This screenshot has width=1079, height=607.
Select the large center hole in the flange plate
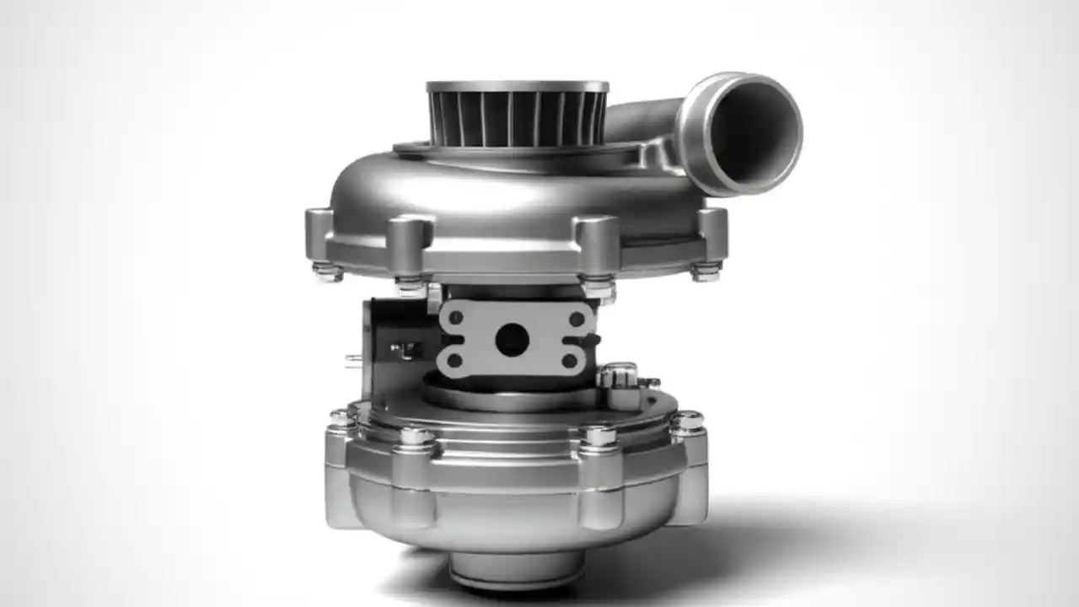click(512, 340)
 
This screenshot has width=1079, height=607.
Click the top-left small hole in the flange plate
click(456, 318)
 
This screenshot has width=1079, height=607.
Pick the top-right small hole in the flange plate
click(577, 319)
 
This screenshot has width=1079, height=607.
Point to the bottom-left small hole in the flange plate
click(455, 361)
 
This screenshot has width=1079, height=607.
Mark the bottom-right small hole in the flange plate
click(570, 361)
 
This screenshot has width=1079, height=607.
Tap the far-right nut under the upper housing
click(706, 271)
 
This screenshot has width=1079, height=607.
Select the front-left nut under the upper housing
click(411, 285)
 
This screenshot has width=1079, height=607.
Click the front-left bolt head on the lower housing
click(416, 437)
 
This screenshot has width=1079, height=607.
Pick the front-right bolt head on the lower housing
click(598, 436)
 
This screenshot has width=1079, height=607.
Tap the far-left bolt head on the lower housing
click(341, 417)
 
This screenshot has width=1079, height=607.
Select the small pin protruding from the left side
click(353, 360)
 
